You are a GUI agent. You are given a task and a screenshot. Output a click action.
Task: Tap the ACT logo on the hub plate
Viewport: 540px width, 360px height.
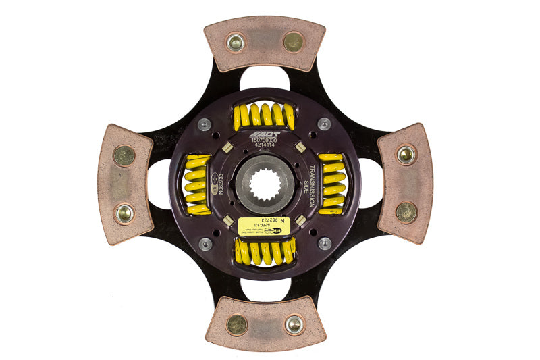tap(265, 134)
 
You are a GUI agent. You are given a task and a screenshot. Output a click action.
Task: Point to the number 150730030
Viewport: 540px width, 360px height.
tap(265, 142)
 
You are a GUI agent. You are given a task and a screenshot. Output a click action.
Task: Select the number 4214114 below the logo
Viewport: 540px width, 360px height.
tap(265, 148)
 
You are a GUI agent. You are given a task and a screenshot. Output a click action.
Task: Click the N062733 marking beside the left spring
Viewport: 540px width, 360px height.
tap(218, 184)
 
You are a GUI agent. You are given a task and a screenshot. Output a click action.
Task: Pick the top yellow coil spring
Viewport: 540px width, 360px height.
tap(264, 117)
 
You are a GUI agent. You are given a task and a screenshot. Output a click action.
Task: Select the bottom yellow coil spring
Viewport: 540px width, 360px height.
tap(264, 252)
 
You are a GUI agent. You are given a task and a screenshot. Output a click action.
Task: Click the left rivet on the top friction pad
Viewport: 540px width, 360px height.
tap(236, 43)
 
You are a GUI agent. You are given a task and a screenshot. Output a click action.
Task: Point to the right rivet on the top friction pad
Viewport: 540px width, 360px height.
tap(293, 42)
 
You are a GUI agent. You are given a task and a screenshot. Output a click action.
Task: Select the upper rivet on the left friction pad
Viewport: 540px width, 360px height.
tap(124, 156)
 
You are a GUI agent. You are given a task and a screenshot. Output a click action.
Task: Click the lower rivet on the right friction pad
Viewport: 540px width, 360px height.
tap(406, 212)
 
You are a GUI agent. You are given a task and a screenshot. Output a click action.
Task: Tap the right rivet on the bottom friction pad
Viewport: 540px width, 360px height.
tap(294, 325)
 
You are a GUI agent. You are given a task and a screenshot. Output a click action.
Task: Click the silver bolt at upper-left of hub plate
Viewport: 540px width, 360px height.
tap(205, 124)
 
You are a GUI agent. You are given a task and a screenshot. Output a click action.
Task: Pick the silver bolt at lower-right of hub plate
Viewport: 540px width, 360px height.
tap(325, 243)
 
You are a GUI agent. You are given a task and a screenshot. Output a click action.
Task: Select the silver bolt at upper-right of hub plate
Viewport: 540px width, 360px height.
tap(325, 124)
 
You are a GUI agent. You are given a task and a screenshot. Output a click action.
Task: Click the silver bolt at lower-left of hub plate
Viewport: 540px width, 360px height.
tap(205, 244)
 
